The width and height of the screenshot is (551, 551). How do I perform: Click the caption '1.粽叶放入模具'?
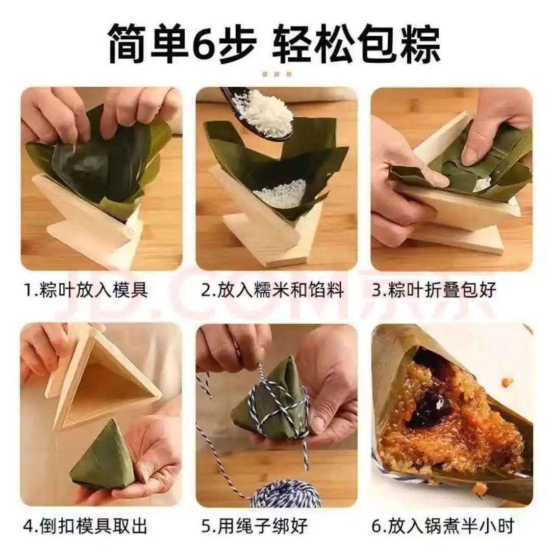point(86,290)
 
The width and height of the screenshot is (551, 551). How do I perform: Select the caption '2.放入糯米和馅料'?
point(272,290)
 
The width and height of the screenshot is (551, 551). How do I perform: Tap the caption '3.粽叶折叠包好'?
point(434,290)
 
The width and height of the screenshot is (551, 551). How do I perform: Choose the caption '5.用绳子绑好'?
point(255,525)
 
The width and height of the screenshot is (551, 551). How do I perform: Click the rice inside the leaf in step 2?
point(281,194)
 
